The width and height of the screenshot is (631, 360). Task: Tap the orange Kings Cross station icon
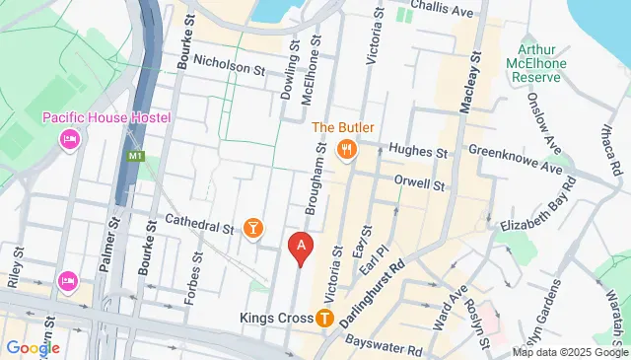coord(325,319)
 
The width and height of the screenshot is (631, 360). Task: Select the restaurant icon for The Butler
coord(346,149)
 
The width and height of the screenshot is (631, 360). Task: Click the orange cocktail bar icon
coord(254,229)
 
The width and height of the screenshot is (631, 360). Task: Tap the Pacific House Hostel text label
coord(106,118)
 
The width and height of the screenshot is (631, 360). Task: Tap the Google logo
coord(33,347)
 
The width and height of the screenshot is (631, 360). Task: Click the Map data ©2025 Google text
coord(570,352)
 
